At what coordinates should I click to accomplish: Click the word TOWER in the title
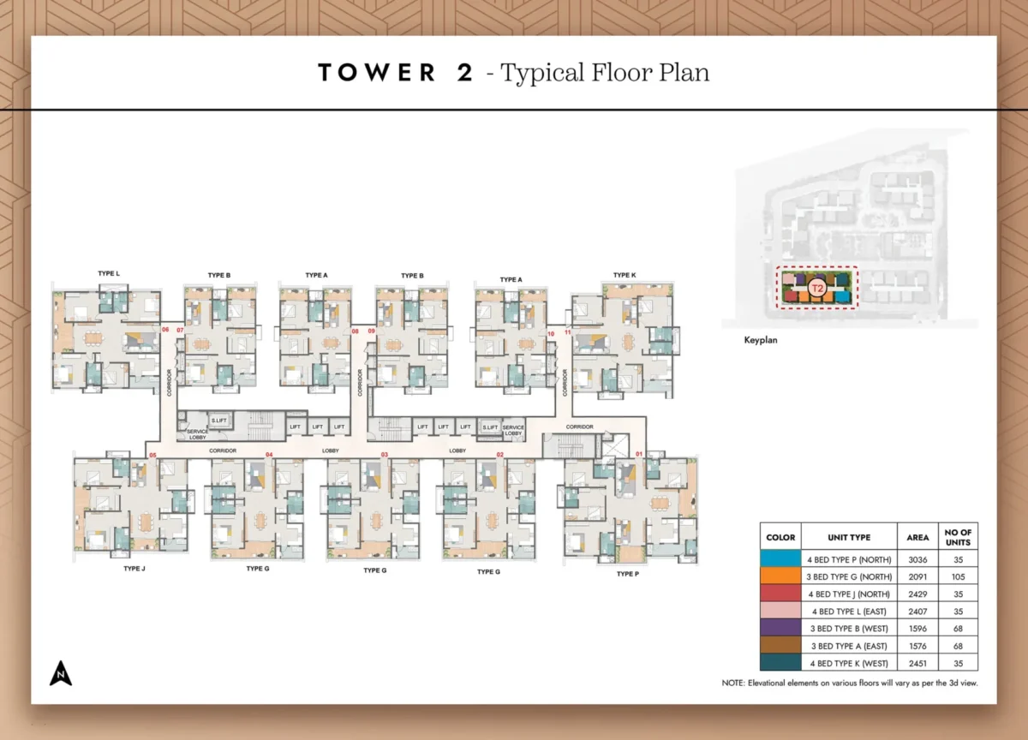(x=377, y=73)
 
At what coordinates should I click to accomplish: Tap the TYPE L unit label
(x=109, y=274)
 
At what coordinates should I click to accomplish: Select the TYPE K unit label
(x=625, y=275)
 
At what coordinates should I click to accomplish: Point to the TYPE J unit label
(x=134, y=568)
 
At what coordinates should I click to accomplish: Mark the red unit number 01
(x=638, y=454)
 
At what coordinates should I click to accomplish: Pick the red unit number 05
(x=152, y=455)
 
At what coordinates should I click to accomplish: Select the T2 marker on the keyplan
(x=817, y=289)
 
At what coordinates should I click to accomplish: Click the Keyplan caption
(x=761, y=340)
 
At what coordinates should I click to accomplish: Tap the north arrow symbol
(x=60, y=674)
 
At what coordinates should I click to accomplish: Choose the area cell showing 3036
(x=917, y=559)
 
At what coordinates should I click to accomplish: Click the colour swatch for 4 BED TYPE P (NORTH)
(x=780, y=559)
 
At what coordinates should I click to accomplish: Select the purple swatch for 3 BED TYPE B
(x=780, y=628)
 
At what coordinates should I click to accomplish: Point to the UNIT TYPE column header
(x=849, y=537)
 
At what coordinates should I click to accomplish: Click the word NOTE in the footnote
(x=734, y=683)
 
